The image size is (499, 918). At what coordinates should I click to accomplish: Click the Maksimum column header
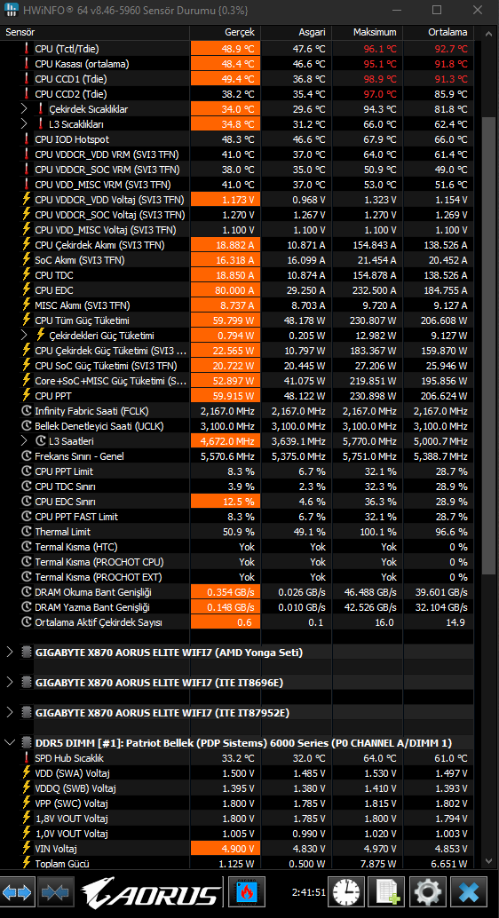375,32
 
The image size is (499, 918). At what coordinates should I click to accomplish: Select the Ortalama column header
448,32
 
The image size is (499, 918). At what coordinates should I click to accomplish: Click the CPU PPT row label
54,396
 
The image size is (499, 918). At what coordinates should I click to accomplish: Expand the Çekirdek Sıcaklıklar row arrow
24,109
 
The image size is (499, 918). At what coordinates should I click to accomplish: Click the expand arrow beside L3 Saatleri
24,441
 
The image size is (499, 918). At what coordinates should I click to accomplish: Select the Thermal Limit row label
63,532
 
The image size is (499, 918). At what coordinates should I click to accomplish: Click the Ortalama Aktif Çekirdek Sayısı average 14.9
455,622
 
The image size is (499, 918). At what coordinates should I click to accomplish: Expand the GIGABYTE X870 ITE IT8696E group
9,682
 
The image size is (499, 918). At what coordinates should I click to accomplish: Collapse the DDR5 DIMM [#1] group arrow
9,742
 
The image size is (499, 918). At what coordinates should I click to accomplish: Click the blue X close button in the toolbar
470,891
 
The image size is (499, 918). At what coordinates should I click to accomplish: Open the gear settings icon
428,891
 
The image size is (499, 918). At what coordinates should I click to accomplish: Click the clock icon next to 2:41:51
346,891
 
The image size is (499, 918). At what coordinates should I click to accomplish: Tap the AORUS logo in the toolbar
152,891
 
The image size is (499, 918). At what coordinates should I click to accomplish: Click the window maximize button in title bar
436,10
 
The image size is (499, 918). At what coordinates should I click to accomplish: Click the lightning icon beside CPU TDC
26,274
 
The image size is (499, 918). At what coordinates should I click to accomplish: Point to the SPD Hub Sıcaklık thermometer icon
27,757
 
